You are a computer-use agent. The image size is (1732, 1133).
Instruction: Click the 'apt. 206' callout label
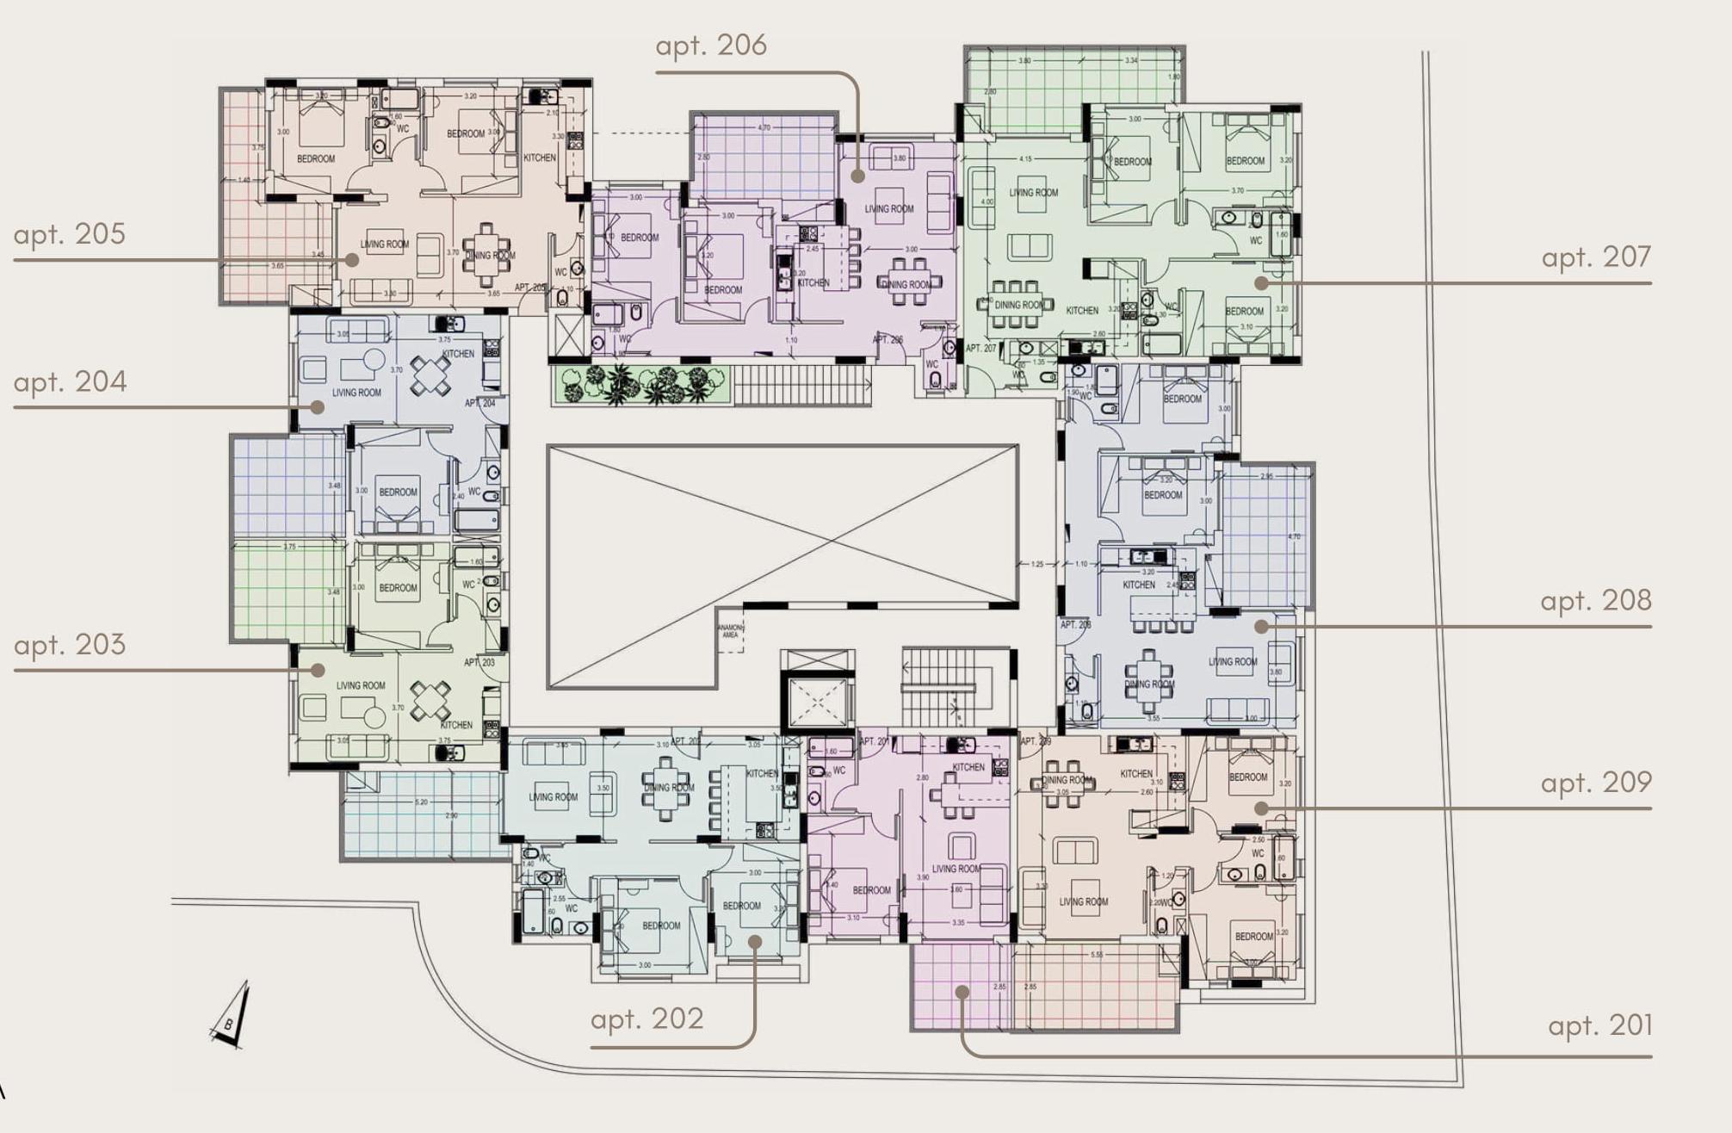pos(711,46)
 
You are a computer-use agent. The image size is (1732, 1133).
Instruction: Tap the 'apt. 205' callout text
pos(70,234)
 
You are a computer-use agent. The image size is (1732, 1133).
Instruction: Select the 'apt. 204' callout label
pos(71,381)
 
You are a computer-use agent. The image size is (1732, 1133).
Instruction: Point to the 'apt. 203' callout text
pos(70,645)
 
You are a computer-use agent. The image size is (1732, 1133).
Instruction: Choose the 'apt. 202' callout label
pos(647,1019)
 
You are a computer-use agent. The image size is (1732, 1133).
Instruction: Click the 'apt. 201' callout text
pos(1600,1026)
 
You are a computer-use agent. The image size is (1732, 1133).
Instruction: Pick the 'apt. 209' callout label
pos(1596,783)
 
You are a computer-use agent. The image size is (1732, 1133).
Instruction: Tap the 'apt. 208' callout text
pos(1596,601)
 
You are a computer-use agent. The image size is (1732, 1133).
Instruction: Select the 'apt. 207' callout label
pos(1596,257)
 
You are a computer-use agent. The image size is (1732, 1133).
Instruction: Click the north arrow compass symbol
pos(232,1016)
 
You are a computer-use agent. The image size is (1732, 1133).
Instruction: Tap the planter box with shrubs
pos(640,385)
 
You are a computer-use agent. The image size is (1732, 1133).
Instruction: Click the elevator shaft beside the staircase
pos(817,703)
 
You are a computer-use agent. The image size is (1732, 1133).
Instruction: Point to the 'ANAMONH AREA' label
pos(730,631)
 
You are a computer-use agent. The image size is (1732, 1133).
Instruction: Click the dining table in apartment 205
pos(487,254)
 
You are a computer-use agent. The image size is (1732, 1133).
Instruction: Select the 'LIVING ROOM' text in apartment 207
pos(1033,193)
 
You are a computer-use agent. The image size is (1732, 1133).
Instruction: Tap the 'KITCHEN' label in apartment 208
pos(1138,585)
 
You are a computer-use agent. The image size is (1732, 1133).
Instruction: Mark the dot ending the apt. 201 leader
pos(962,992)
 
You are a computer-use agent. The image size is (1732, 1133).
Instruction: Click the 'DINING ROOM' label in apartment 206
pos(906,285)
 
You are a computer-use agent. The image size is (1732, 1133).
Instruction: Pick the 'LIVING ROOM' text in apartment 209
pos(1083,902)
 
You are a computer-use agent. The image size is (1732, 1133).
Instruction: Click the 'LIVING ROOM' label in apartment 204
pos(356,393)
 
